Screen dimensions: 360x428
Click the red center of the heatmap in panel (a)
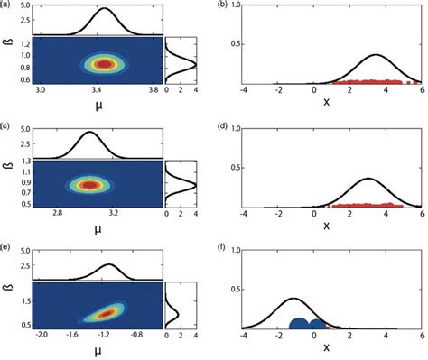click(106, 64)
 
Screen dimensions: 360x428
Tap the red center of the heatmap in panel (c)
click(90, 185)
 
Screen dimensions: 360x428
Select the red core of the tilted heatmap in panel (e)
click(107, 312)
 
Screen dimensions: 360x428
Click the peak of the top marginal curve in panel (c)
click(89, 133)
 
